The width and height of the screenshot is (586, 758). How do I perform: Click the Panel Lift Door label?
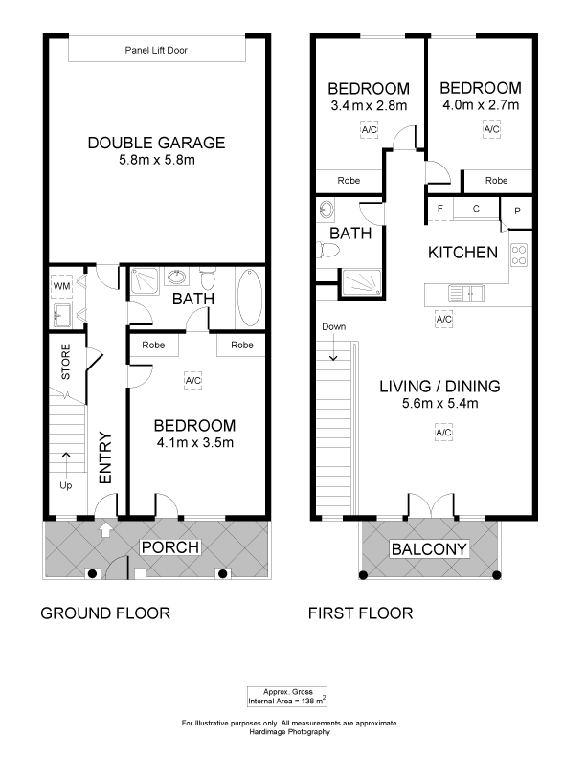[156, 50]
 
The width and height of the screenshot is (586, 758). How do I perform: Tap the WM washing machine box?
[61, 286]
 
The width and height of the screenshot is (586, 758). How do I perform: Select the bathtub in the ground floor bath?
[250, 298]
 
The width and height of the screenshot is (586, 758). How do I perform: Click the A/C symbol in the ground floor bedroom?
[192, 381]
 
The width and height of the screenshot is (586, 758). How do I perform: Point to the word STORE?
[66, 362]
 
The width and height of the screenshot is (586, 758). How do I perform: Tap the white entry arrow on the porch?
[105, 530]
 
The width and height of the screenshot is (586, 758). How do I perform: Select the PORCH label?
[170, 547]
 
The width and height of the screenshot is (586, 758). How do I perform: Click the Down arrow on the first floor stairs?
[333, 349]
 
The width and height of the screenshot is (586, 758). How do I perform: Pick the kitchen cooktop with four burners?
[519, 256]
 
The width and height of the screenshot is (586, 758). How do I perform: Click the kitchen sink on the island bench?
[465, 293]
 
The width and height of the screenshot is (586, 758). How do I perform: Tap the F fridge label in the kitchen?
[440, 209]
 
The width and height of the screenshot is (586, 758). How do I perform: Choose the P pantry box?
[516, 212]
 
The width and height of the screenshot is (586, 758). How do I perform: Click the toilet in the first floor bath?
[327, 250]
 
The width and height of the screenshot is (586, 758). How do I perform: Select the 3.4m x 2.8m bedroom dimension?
[369, 105]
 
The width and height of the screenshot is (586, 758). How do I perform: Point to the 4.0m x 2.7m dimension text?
[481, 104]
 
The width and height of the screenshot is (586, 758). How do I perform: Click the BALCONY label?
[429, 549]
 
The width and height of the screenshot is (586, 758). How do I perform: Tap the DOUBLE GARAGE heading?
[157, 143]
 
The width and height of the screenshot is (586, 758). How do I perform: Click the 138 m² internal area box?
[287, 697]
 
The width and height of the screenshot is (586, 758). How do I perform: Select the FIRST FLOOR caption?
[361, 613]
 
